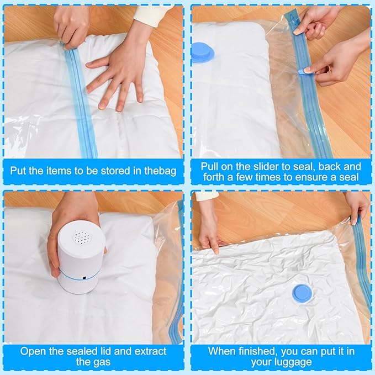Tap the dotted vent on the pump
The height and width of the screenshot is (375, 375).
[x=82, y=237]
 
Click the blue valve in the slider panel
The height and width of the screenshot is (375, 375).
[x=203, y=52]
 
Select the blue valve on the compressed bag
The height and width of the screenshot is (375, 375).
[x=302, y=293]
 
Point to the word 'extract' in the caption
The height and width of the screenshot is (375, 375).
[x=150, y=352]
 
